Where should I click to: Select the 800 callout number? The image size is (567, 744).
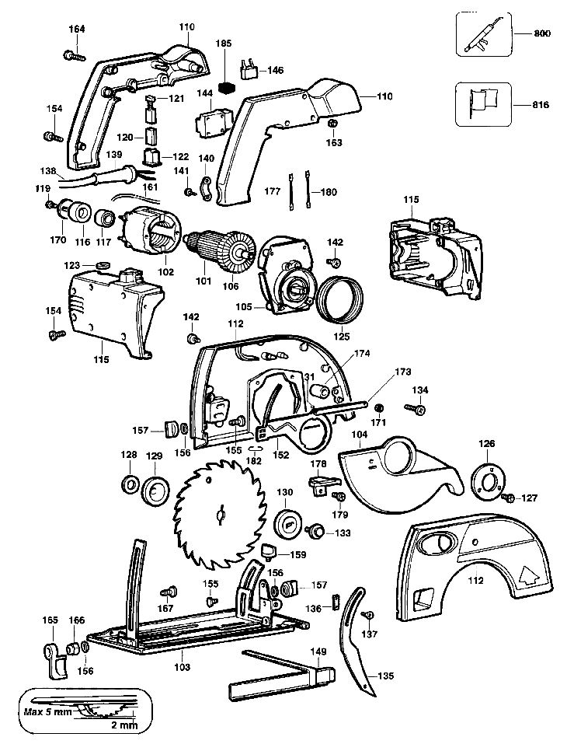tap(542, 33)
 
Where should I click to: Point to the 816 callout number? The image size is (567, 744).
tap(541, 105)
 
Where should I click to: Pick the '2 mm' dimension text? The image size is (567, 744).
tap(125, 725)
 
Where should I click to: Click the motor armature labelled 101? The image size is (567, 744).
tap(220, 251)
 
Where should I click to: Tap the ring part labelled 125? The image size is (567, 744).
tap(341, 299)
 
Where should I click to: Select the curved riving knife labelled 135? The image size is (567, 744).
tap(358, 641)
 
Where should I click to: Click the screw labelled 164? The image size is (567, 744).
tap(74, 55)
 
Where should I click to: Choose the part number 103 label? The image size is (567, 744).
tap(182, 667)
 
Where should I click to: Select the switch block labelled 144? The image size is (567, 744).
tap(212, 122)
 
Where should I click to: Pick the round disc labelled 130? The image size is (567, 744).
tap(288, 525)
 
